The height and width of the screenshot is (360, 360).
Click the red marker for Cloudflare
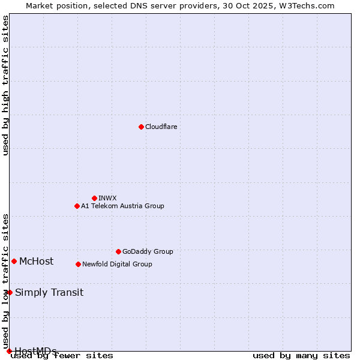point(141,127)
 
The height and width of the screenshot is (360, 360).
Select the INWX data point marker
point(94,198)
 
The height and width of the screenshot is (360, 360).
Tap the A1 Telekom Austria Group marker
point(77,206)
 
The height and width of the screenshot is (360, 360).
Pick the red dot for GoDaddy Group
point(118,251)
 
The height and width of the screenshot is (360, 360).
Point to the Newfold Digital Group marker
point(78,264)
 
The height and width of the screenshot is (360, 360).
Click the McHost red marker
point(14,261)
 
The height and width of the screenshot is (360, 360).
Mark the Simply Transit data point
point(10,292)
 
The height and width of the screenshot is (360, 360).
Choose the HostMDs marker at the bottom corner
point(9,351)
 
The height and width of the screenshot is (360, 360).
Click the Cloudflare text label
point(161,127)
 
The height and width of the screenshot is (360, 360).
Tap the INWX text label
point(107,198)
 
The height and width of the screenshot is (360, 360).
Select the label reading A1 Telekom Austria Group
point(122,206)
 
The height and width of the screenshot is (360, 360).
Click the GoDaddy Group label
point(148,251)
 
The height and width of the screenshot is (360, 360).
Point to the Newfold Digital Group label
point(117,264)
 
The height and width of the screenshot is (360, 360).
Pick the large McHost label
point(36,261)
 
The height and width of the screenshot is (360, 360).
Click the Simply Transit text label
point(49,292)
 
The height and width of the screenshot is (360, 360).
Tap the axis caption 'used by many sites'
point(301,355)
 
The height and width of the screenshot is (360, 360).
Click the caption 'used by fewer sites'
point(62,355)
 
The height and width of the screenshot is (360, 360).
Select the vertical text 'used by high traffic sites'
point(5,85)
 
